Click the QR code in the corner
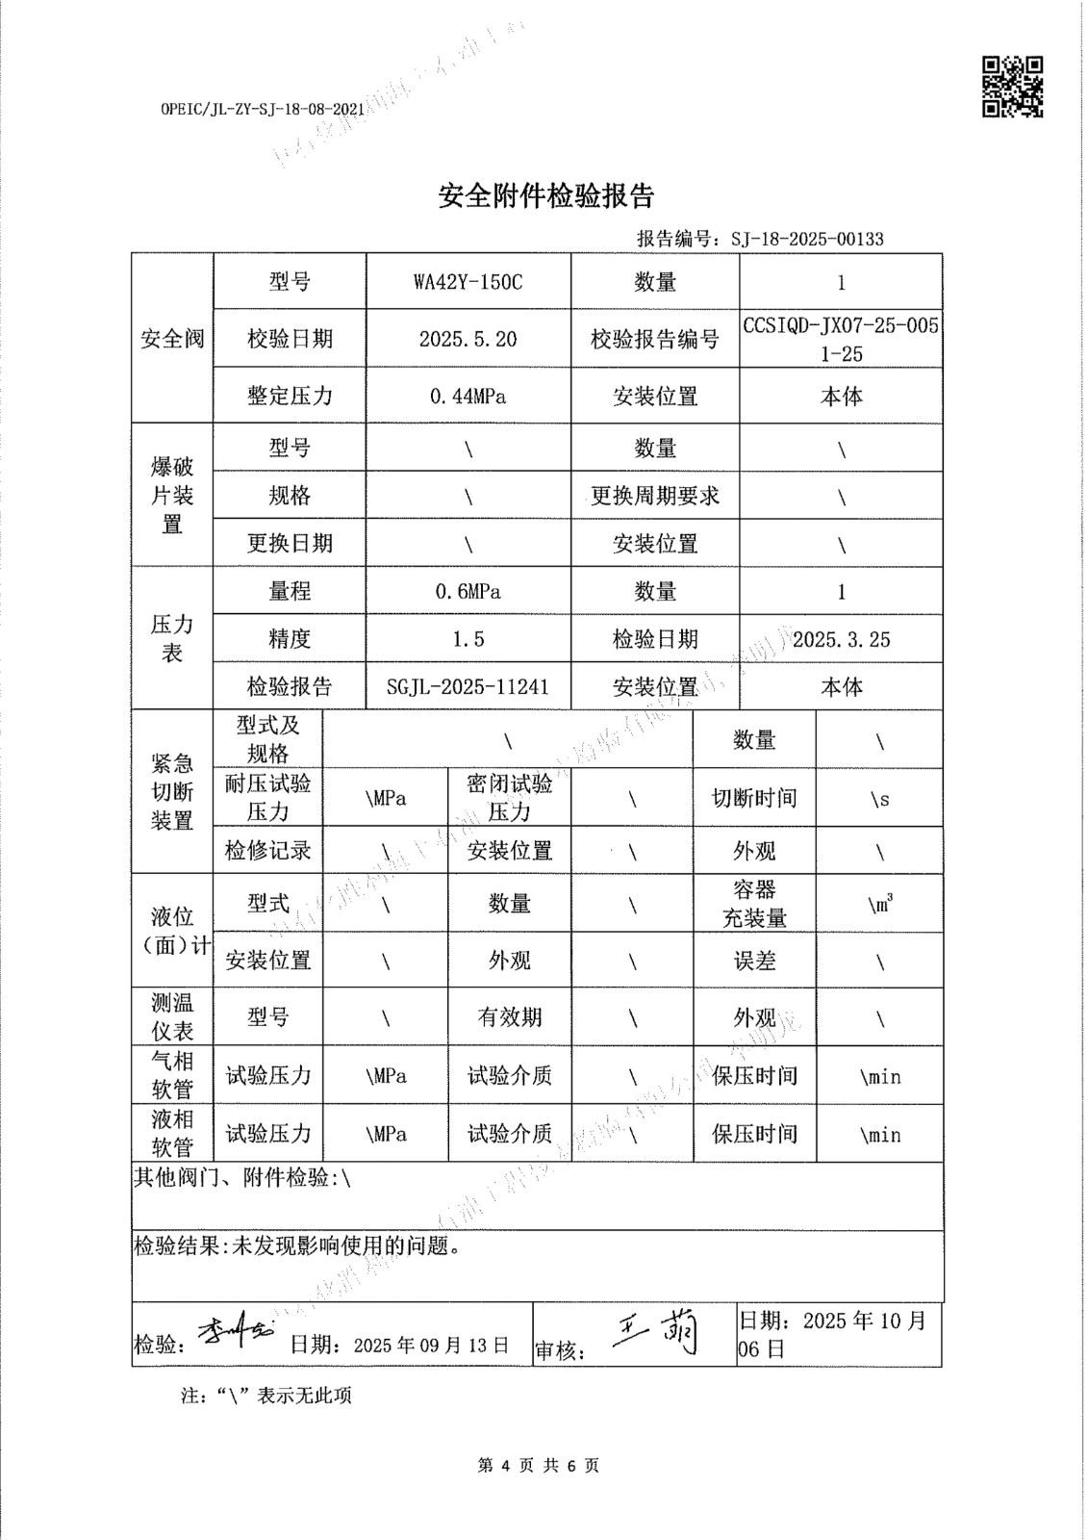pos(1012,87)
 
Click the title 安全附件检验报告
pos(545,196)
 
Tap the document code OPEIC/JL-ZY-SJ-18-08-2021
pos(256,110)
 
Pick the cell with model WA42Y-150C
pos(468,282)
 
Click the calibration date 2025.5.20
pos(468,339)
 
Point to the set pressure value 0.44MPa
pos(468,396)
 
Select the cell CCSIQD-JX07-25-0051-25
pos(840,339)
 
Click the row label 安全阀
pos(172,339)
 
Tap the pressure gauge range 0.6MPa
pos(468,591)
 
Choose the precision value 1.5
pos(468,639)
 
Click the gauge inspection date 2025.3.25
pos(841,639)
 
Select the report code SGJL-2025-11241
pos(468,686)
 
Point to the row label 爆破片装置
pos(172,496)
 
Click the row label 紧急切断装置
pos(172,792)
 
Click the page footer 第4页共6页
pos(538,1466)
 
